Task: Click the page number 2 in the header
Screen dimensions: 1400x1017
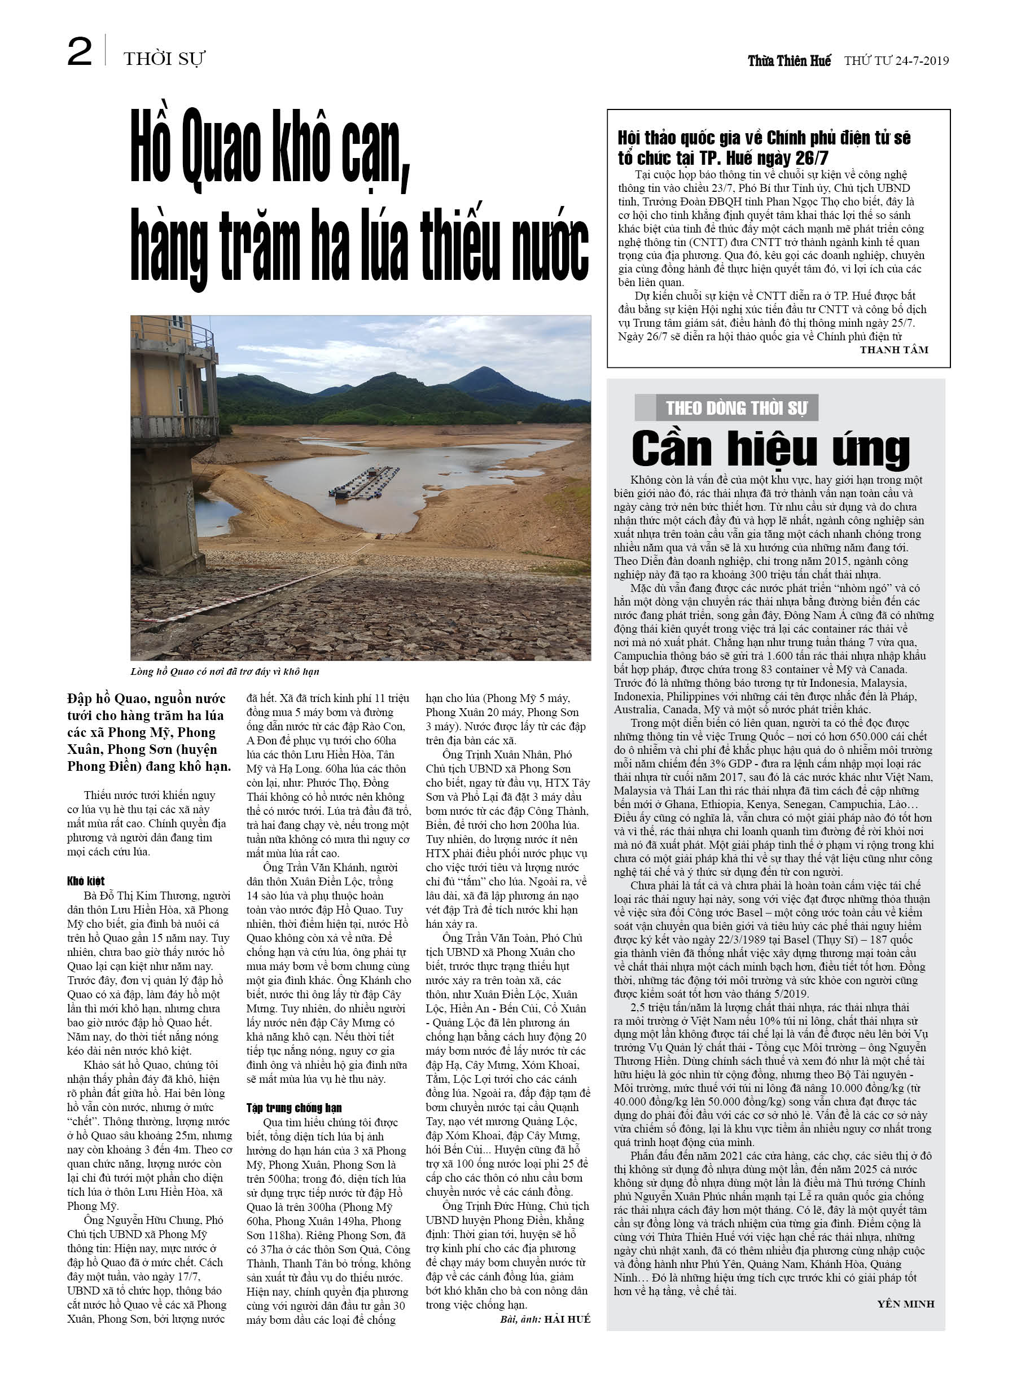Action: pos(80,52)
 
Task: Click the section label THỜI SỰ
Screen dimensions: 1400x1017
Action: pos(164,59)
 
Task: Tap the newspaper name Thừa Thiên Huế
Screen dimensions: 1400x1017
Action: pos(788,60)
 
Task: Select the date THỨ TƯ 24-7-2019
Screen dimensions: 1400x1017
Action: pos(896,60)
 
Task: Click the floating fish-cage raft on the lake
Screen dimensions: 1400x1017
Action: pos(365,482)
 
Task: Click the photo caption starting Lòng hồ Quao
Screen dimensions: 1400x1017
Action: pos(225,672)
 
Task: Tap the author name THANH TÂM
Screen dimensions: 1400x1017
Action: pos(893,350)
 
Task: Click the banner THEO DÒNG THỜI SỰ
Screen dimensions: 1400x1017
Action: pos(736,408)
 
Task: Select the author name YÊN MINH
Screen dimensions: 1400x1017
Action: pos(905,1304)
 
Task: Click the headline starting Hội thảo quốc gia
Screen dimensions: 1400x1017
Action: pos(764,147)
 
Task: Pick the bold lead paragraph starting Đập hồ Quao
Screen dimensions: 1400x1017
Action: pos(148,732)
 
